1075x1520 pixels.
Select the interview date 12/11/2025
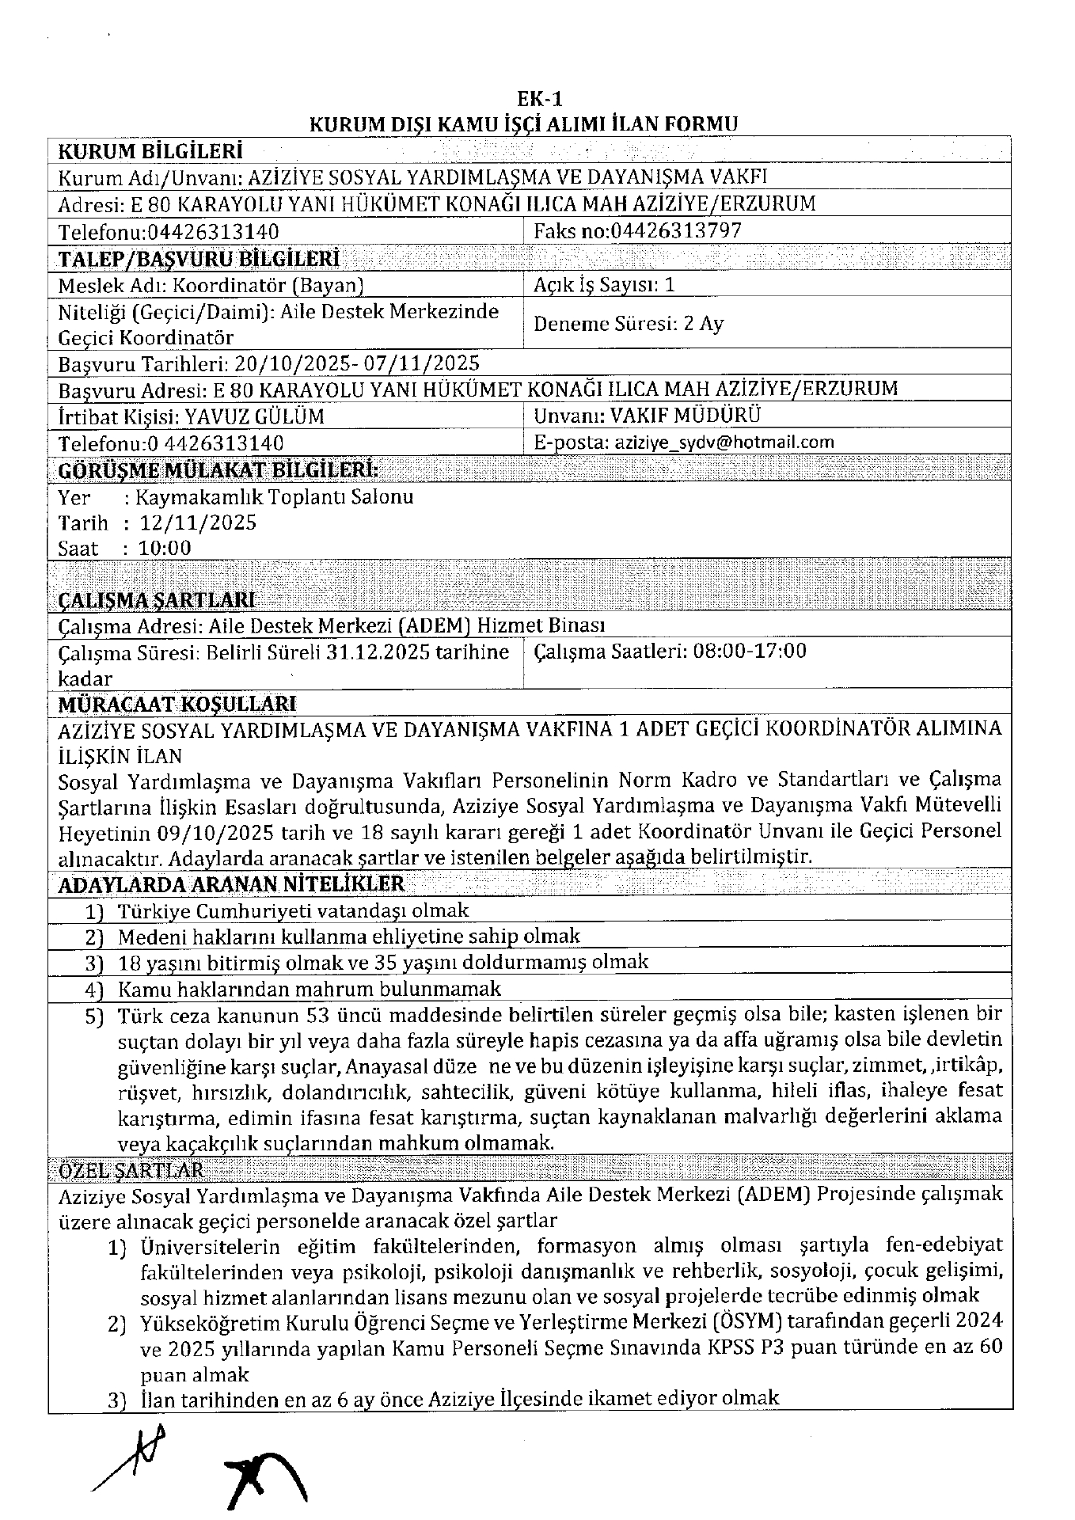pos(198,522)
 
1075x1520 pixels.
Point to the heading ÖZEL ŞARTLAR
pos(131,1169)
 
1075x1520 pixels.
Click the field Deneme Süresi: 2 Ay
pos(629,323)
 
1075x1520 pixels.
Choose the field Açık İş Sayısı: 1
pos(605,285)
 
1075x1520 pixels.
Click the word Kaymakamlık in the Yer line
pos(185,497)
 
